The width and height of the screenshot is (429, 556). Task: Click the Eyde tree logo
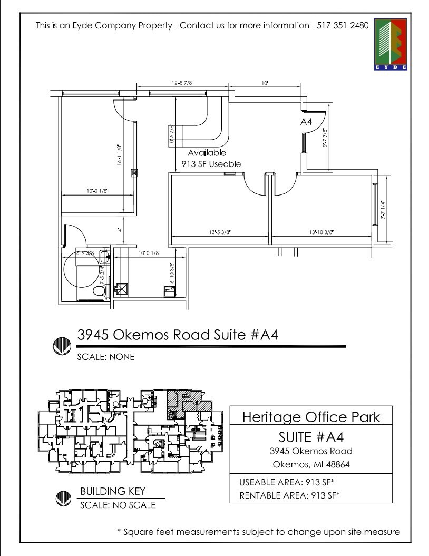393,45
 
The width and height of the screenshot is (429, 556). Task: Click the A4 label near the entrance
306,122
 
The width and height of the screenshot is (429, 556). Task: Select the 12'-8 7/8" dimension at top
182,83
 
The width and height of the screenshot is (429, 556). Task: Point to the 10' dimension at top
265,83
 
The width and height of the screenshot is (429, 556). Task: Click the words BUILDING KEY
112,491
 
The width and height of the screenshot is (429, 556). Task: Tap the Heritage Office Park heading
310,417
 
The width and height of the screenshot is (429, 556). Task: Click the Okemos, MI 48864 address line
311,464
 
